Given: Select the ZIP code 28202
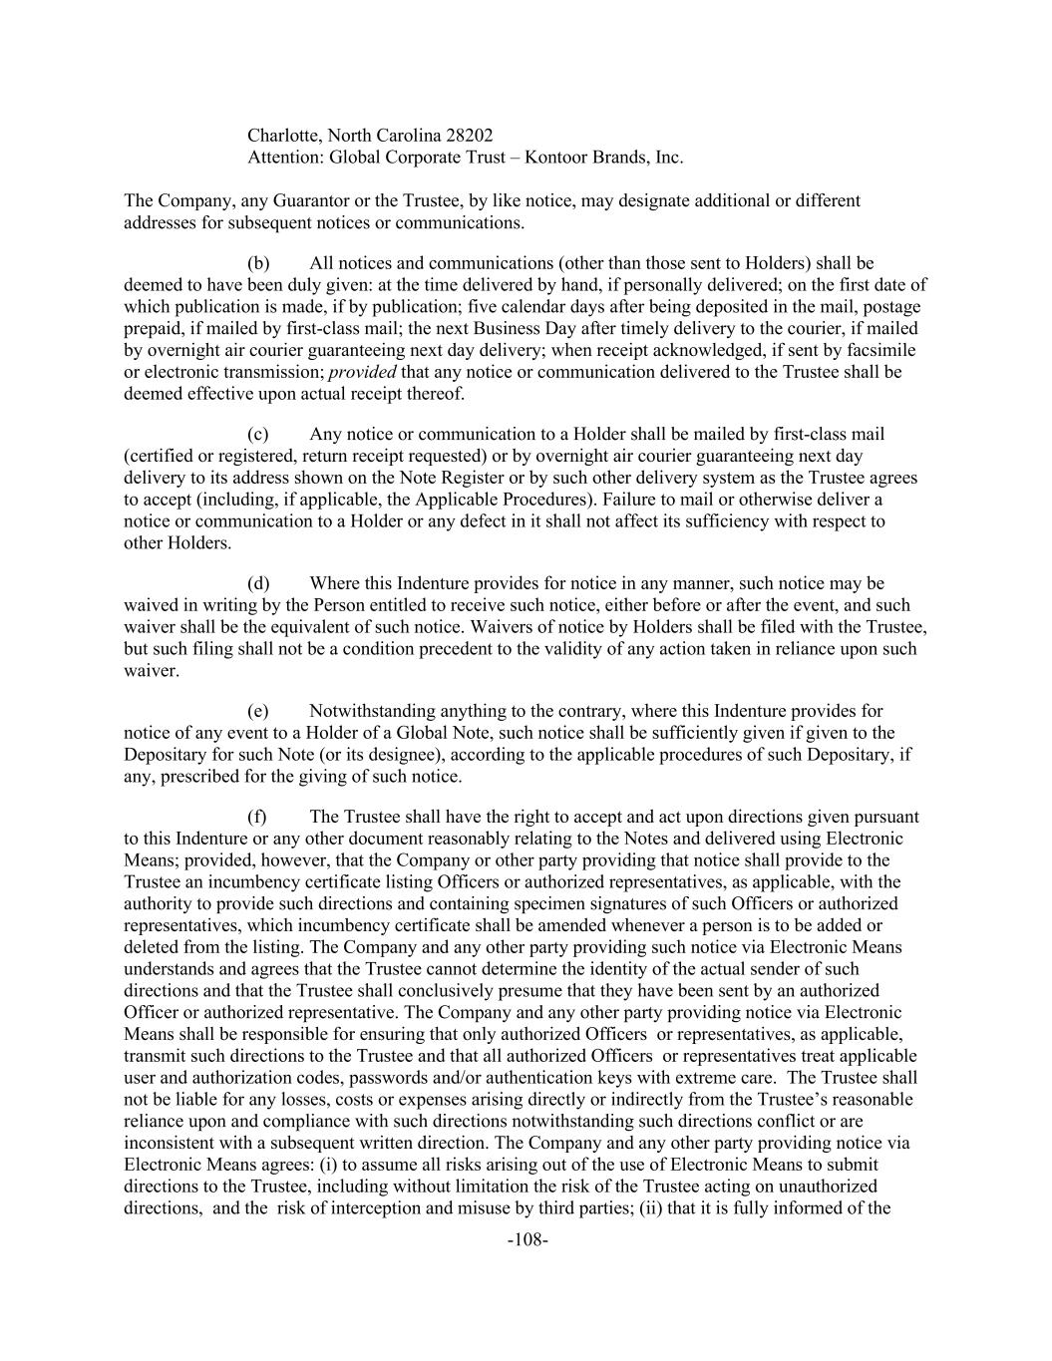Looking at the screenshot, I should (469, 135).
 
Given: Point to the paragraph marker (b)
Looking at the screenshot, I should (258, 263).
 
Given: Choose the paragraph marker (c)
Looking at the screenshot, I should (258, 434).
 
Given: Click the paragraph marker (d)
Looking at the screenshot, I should (258, 583).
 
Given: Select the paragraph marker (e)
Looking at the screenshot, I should (258, 711).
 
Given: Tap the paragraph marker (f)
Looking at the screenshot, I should (257, 817).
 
